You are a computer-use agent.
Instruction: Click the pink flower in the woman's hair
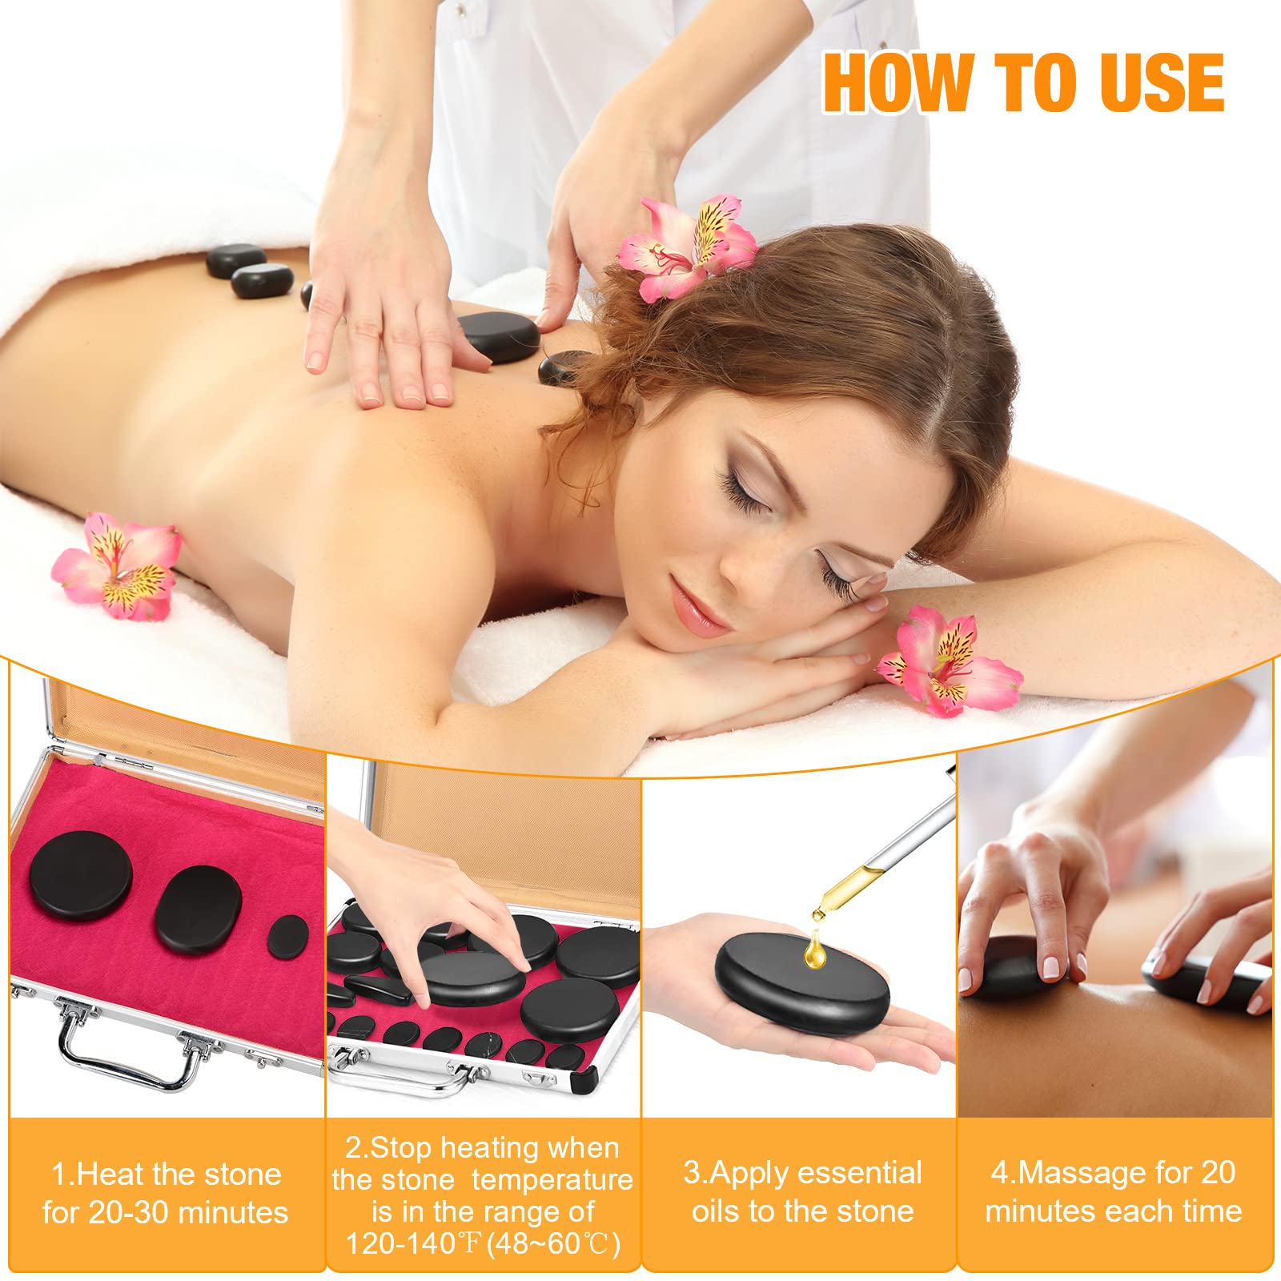click(x=686, y=245)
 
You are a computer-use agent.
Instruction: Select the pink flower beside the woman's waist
click(x=118, y=565)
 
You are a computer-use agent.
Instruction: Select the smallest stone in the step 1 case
click(x=289, y=937)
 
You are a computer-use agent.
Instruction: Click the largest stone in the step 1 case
click(x=81, y=876)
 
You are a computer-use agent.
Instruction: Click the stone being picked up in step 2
click(x=472, y=981)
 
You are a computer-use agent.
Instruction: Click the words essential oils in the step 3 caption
click(x=803, y=1192)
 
